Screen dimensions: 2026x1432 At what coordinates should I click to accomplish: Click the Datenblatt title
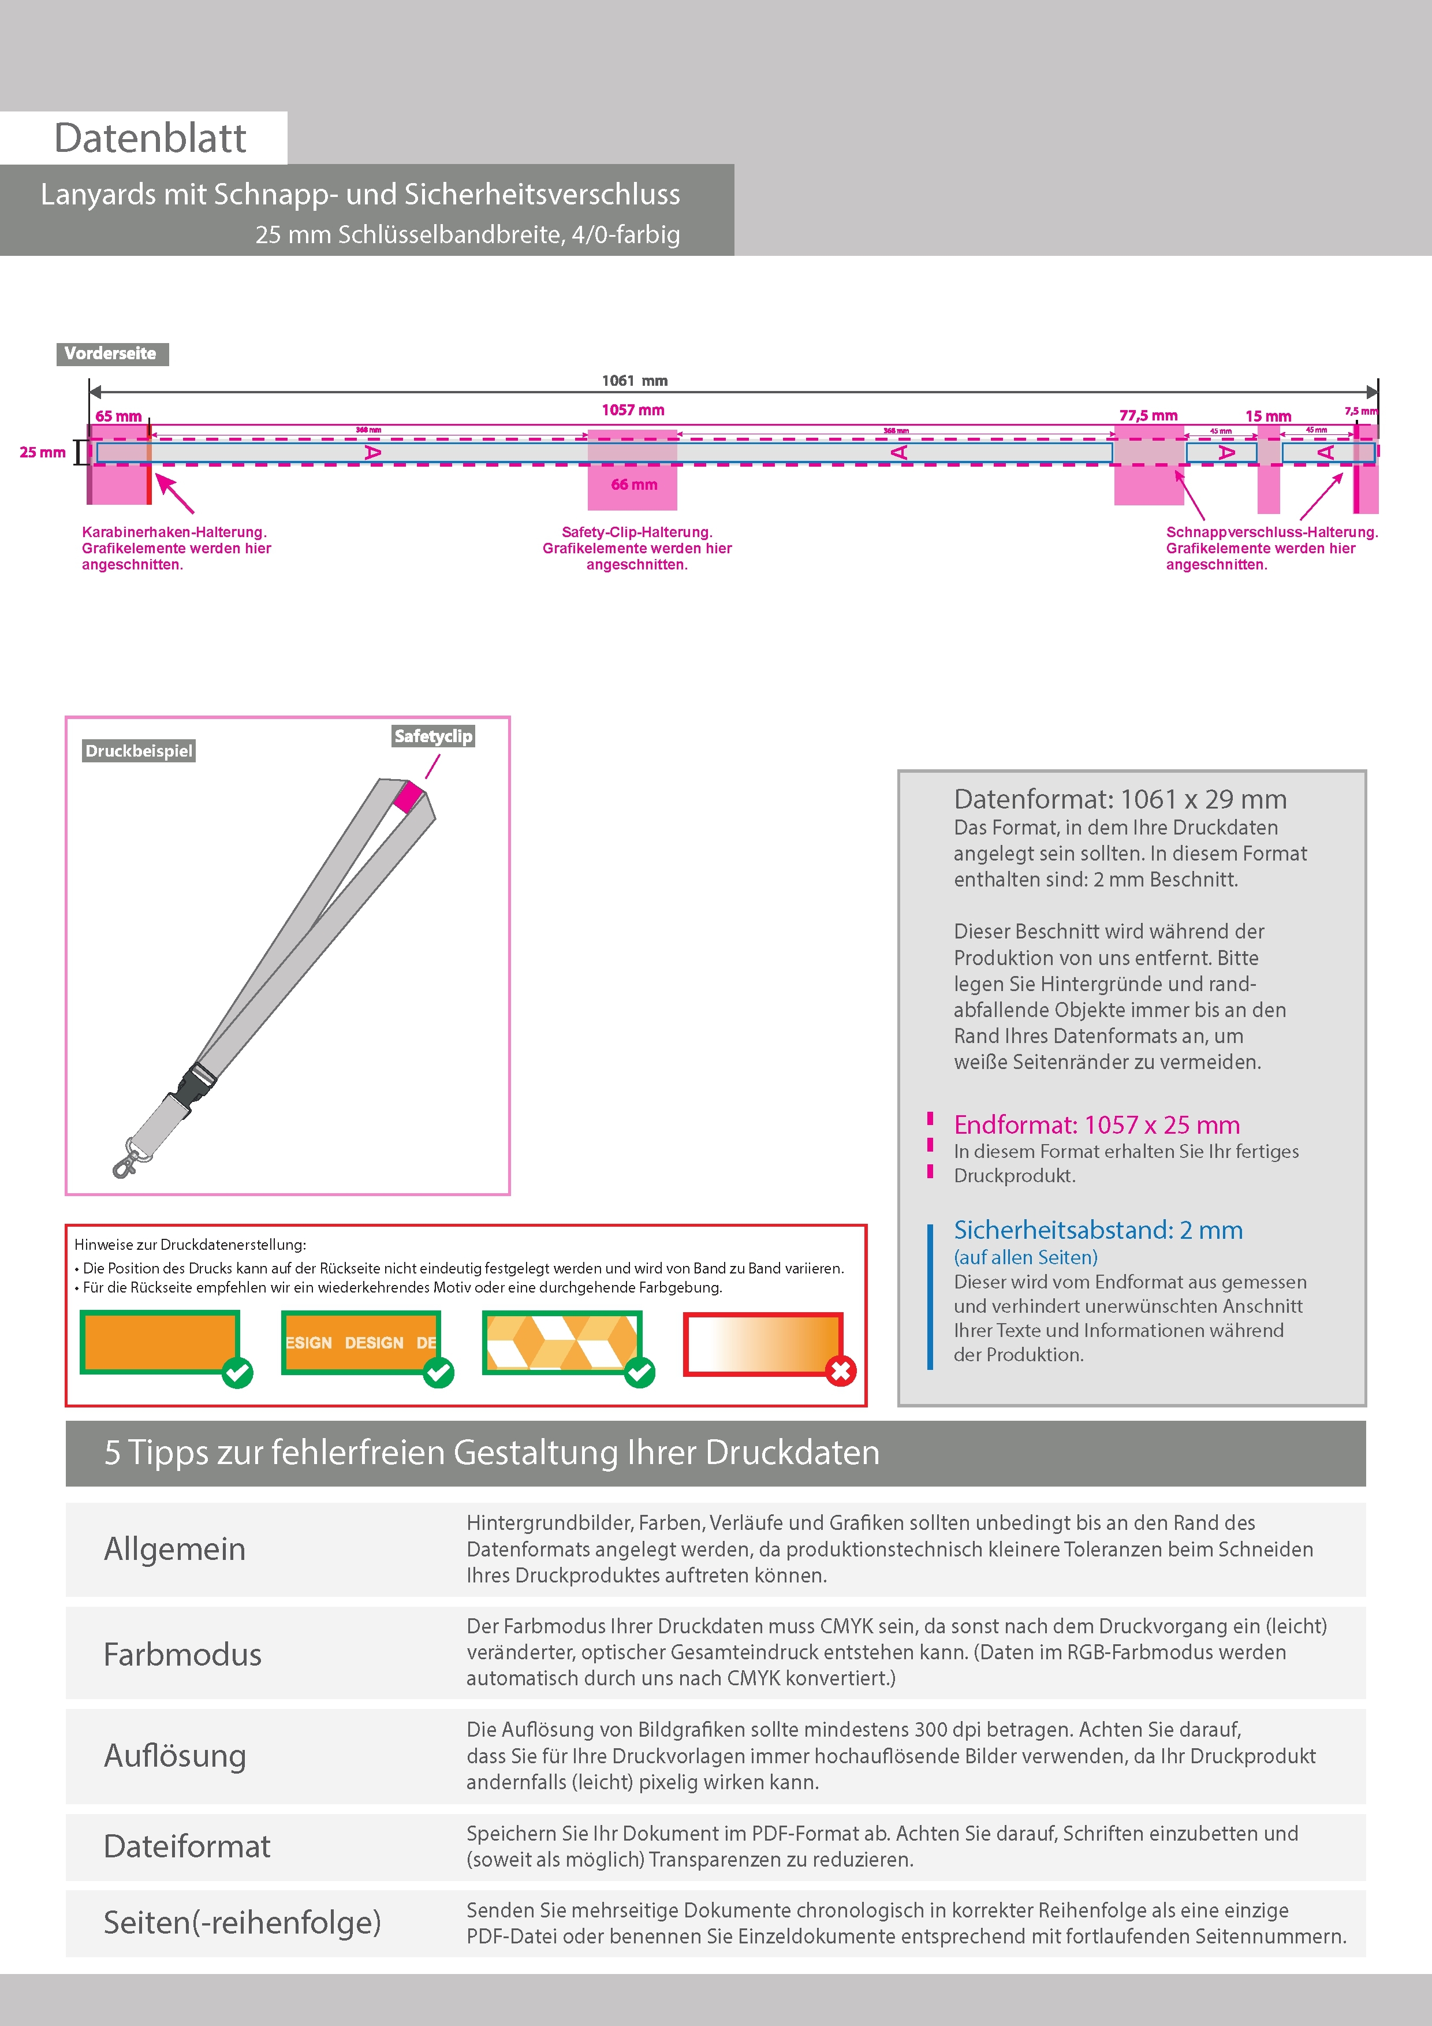pos(150,137)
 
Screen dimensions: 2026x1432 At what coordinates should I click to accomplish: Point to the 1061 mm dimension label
pos(635,381)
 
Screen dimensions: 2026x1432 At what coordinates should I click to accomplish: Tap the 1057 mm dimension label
pos(633,410)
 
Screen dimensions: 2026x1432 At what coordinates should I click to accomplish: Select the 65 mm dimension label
pos(118,416)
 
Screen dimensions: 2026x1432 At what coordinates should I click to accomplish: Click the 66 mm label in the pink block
pos(633,485)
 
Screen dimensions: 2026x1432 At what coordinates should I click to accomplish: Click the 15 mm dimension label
pos(1268,416)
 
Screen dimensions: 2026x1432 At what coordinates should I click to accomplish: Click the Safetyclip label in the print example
pos(433,736)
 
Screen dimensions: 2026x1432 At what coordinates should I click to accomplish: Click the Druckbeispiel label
pos(139,751)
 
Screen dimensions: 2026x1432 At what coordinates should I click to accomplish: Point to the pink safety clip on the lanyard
pos(408,796)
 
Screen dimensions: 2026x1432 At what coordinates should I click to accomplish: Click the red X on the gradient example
pos(841,1371)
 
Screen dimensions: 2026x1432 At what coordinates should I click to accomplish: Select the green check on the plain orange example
pos(237,1372)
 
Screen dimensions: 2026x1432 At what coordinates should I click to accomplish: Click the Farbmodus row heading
pos(182,1655)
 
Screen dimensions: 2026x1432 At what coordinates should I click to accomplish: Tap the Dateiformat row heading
pos(187,1846)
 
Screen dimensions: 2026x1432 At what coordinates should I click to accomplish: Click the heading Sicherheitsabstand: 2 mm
pos(1098,1230)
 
